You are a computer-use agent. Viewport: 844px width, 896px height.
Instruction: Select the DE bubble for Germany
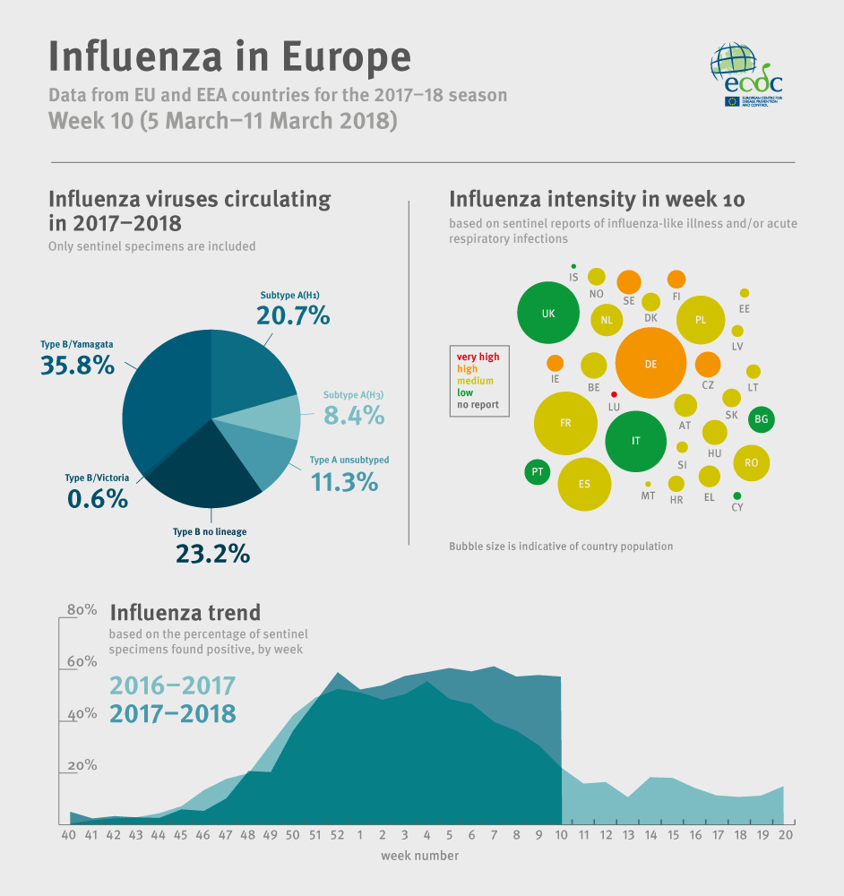click(650, 364)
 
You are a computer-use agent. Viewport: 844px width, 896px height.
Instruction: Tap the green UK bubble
click(548, 314)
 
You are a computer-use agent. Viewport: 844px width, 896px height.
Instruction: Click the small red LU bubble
click(614, 394)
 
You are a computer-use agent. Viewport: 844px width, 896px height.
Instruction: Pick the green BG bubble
click(762, 418)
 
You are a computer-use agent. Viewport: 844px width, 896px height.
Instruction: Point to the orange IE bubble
click(555, 363)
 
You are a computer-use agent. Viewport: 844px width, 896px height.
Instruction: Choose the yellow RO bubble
click(751, 462)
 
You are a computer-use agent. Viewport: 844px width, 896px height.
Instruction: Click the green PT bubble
click(537, 471)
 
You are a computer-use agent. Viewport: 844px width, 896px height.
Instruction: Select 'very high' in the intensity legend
click(478, 357)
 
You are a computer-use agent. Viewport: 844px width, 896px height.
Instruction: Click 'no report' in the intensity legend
click(478, 405)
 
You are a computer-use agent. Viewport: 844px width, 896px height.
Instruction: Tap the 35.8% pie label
click(77, 365)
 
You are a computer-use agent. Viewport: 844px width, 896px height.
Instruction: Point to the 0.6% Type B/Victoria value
click(98, 499)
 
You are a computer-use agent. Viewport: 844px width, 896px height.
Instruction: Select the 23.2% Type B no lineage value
click(211, 554)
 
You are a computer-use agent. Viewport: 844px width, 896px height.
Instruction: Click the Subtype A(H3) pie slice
click(276, 417)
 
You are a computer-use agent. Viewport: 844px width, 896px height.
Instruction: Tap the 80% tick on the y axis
click(82, 610)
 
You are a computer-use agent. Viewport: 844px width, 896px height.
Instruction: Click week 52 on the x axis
click(337, 835)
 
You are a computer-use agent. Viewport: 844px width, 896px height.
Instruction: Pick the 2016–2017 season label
click(172, 686)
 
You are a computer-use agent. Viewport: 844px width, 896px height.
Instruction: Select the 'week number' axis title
click(419, 856)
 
